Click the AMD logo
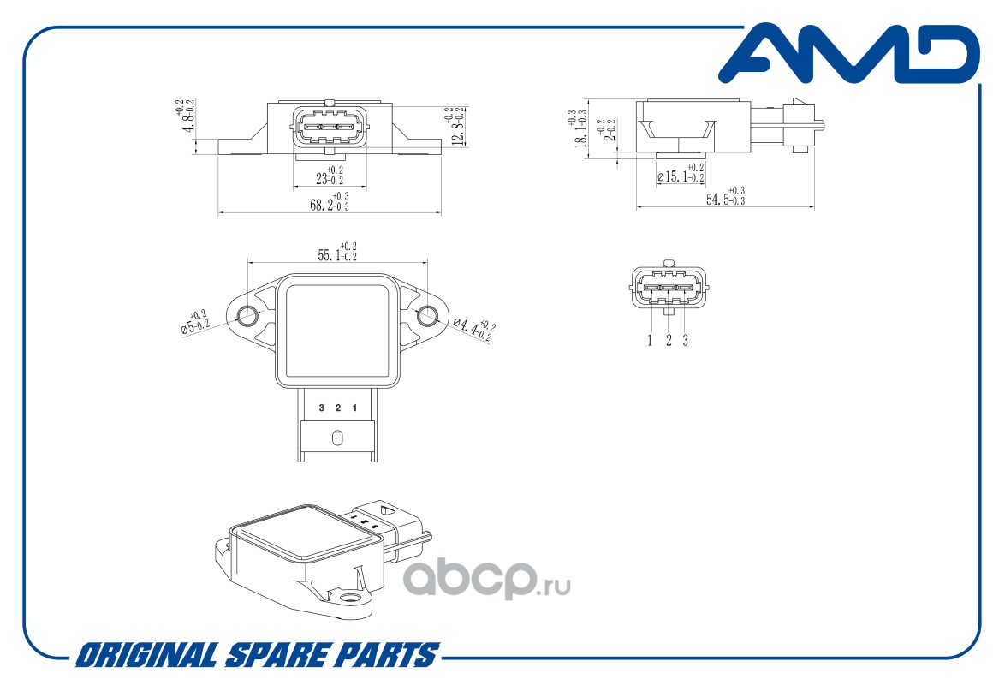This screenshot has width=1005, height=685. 847,55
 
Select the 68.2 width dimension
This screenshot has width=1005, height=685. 330,204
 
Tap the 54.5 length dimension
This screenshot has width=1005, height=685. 724,197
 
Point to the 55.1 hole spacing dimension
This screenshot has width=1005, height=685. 337,253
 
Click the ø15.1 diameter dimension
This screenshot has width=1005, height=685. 681,175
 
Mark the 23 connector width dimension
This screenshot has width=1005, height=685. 330,176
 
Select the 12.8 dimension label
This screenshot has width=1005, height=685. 457,126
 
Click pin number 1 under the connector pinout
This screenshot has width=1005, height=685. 650,341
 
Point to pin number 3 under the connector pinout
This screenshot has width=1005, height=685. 685,341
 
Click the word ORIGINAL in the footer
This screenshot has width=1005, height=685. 146,656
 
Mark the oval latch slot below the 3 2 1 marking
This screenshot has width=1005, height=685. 337,438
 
